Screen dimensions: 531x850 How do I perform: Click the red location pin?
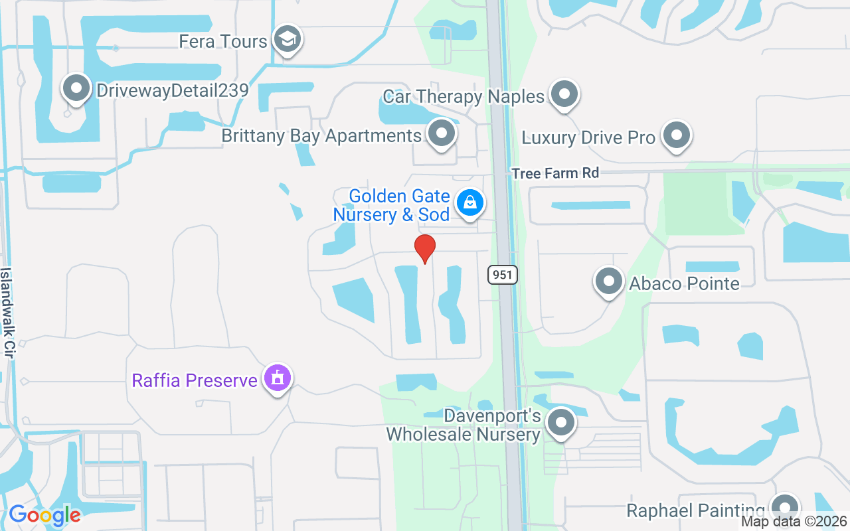coord(425,248)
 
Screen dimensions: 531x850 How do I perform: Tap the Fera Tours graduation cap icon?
coord(288,40)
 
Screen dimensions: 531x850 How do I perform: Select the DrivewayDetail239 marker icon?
coord(76,89)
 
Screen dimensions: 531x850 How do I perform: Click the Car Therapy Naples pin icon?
coord(564,95)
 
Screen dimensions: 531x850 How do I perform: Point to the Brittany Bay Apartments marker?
coord(441,134)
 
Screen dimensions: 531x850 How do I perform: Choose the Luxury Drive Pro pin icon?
coord(677,136)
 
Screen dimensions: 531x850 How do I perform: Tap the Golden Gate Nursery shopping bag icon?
coord(470,203)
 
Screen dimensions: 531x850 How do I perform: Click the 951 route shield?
coord(503,275)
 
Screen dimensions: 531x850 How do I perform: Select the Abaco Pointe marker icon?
coord(608,282)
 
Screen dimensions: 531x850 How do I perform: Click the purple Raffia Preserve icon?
coord(278,379)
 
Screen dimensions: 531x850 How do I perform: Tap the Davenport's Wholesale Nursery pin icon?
coord(561,421)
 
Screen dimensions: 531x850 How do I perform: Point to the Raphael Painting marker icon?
coord(785,508)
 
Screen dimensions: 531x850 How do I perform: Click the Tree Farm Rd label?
coord(555,173)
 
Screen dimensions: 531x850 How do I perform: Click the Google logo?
coord(44,515)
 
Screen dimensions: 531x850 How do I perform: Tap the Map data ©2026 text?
coord(794,522)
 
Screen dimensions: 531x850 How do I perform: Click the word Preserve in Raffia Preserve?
coord(222,380)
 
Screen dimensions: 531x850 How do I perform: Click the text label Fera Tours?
coord(223,41)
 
